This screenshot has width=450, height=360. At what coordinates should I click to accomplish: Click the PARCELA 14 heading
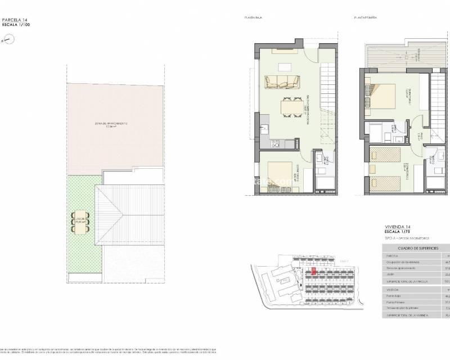click(14, 20)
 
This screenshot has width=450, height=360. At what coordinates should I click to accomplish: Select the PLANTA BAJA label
click(254, 18)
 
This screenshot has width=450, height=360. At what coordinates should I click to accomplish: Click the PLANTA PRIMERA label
click(364, 18)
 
